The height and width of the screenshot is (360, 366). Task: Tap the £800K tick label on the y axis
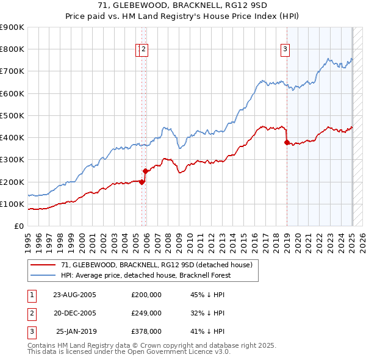pos(12,49)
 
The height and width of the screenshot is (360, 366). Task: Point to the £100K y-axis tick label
pos(12,204)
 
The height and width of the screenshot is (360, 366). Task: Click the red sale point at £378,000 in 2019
pos(287,142)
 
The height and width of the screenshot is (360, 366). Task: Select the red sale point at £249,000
pos(146,171)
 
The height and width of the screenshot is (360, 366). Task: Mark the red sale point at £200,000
pos(142,182)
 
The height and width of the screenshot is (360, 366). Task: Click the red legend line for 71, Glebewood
pos(44,265)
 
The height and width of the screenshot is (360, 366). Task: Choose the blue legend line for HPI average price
pos(44,275)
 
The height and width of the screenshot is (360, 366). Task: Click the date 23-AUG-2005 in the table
pos(74,295)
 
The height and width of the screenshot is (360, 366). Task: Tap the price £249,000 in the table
pos(146,313)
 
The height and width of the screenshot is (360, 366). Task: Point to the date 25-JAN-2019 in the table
pos(74,331)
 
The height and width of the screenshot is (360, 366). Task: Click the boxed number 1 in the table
pos(30,295)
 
